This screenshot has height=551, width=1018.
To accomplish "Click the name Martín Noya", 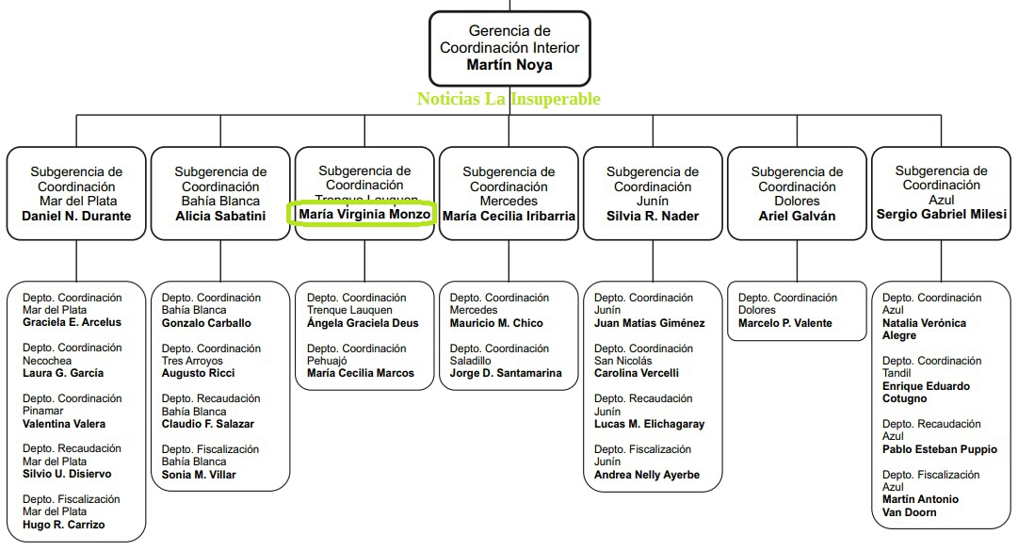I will (x=509, y=65).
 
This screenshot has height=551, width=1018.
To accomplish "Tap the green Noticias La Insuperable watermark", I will (x=509, y=99).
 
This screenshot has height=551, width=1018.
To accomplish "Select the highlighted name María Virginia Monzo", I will (x=364, y=214).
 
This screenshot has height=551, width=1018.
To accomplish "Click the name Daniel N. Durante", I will (x=76, y=216).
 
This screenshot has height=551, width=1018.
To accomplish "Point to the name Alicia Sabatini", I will (x=220, y=216).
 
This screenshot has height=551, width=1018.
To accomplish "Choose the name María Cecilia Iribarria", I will (x=509, y=216).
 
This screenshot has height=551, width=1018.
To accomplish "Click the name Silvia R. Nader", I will (x=653, y=216).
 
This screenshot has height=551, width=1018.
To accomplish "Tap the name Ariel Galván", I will (x=797, y=216).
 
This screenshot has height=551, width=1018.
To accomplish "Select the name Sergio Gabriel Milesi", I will (x=941, y=214).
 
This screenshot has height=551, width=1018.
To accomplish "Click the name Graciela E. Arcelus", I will (x=72, y=322).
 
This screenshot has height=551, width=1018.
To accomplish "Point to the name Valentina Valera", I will (x=64, y=424).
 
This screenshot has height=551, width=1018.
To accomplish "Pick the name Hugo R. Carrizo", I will (x=64, y=525).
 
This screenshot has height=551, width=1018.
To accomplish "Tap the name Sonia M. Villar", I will (x=199, y=475).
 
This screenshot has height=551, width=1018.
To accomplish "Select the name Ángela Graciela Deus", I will (x=363, y=323).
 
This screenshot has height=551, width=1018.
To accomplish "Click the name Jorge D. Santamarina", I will (x=506, y=373).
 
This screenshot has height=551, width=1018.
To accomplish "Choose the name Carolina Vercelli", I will (x=637, y=373).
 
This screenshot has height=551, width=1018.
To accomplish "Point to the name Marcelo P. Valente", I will (x=785, y=323).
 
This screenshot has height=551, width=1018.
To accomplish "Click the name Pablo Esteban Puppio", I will (x=940, y=449).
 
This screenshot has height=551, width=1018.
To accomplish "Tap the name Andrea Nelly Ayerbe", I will (x=647, y=475).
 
